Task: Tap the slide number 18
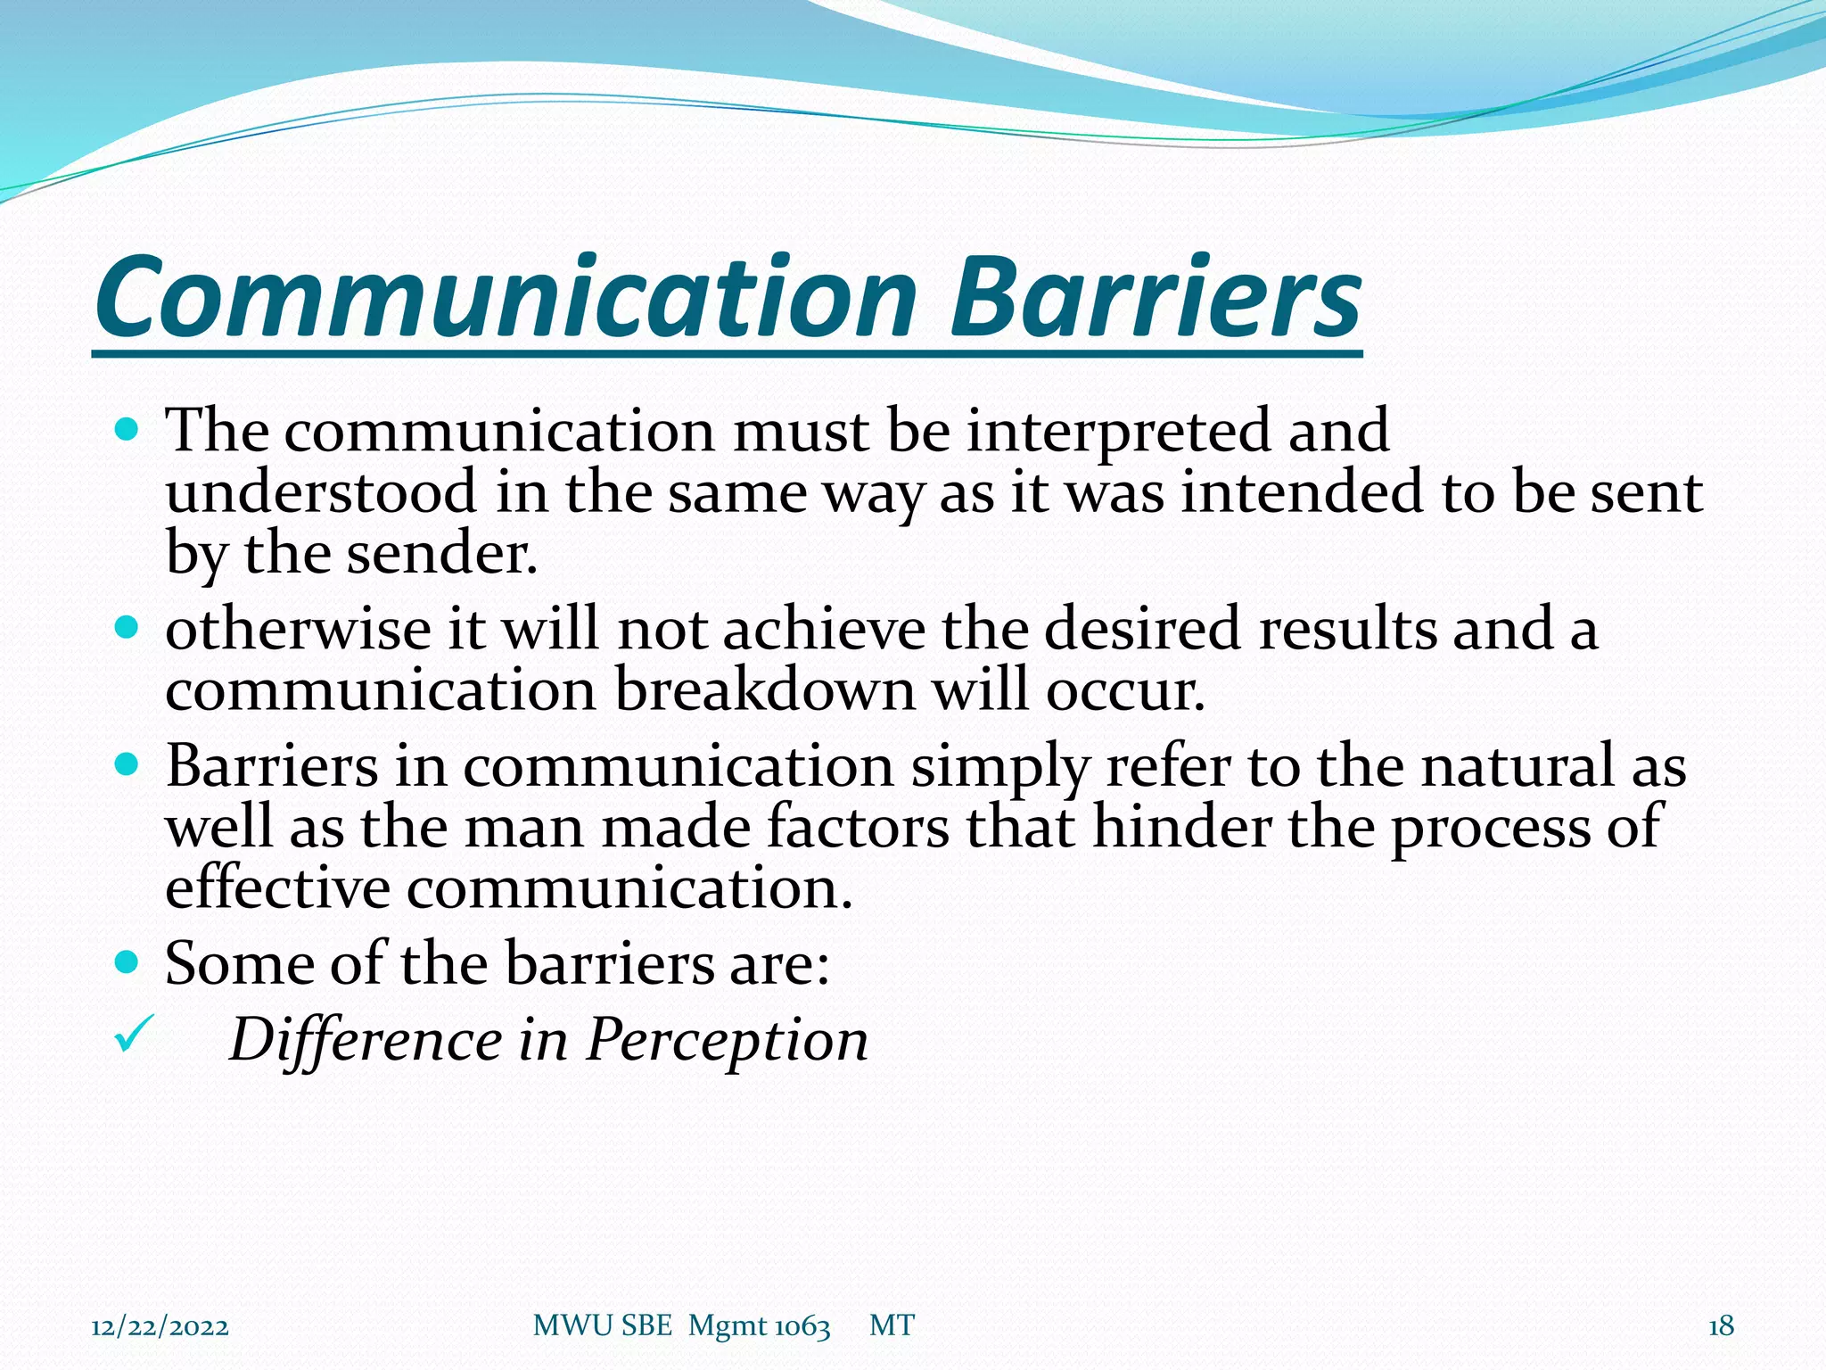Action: [1721, 1326]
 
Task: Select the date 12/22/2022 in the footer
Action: [160, 1326]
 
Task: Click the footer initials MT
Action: [892, 1326]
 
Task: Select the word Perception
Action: [727, 1040]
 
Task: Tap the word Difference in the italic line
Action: [366, 1040]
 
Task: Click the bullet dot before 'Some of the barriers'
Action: [128, 961]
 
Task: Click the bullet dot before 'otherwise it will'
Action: [128, 627]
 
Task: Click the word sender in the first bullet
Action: [441, 554]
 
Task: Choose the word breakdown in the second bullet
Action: [765, 690]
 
